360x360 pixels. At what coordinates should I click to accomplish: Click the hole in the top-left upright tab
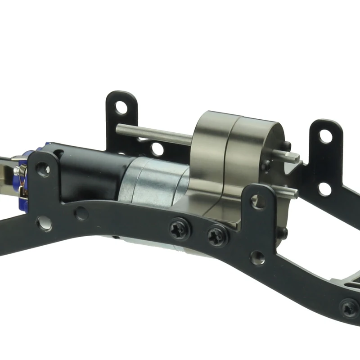coord(121,108)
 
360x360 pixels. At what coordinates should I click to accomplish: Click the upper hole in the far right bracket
coord(325,135)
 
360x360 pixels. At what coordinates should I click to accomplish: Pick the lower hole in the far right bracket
coord(324,189)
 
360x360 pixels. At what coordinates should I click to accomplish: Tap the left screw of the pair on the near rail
coord(180,229)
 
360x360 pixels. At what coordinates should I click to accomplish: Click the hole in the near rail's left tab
coord(43,169)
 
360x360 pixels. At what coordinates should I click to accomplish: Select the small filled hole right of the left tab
coord(81,213)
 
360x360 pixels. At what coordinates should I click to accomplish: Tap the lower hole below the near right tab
coord(257,258)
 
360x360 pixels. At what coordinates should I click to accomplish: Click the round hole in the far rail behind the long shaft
coord(157,149)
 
